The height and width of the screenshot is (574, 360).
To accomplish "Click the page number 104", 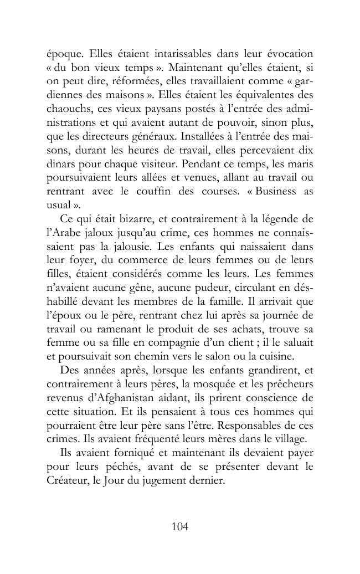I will (180, 527).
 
